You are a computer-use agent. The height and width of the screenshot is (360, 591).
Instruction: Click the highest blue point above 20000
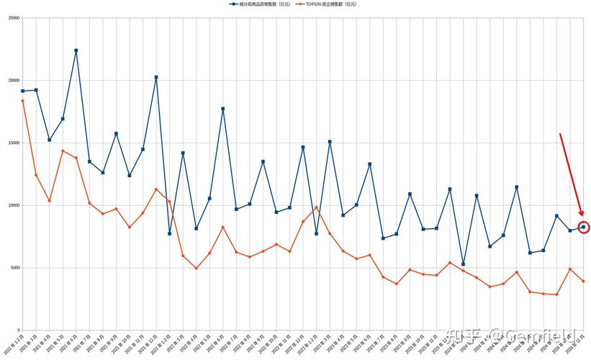[x=76, y=50]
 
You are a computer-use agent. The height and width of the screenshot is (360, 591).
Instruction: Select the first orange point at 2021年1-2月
[x=22, y=101]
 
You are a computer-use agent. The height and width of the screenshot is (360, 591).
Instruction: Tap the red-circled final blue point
[x=583, y=228]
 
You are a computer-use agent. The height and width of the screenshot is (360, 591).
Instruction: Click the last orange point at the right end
[x=583, y=281]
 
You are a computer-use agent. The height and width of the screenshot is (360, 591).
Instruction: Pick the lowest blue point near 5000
[x=463, y=264]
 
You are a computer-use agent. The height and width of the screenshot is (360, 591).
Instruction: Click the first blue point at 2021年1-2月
[x=22, y=91]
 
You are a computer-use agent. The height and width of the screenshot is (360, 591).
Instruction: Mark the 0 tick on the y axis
[x=17, y=330]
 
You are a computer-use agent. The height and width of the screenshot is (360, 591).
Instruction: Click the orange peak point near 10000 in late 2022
[x=316, y=207]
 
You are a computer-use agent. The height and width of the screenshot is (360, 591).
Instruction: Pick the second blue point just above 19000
[x=36, y=90]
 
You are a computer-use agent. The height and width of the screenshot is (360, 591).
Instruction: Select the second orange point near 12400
[x=36, y=175]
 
